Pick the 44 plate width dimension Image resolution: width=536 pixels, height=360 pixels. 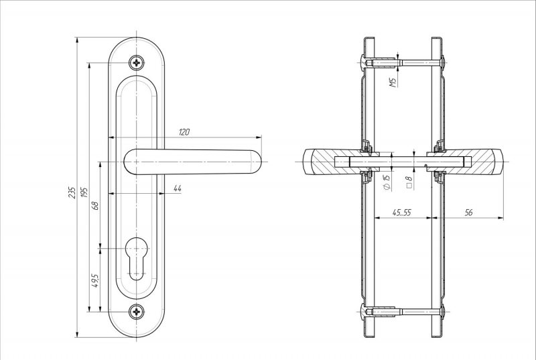tap(177, 188)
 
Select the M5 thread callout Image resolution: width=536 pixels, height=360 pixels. tap(393, 82)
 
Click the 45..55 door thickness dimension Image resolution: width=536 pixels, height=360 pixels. tap(403, 213)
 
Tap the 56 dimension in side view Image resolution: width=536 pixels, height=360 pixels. tap(468, 213)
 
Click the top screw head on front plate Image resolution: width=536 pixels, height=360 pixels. tap(138, 63)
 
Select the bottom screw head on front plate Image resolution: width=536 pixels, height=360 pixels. tap(138, 311)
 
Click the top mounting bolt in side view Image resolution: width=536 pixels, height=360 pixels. tap(402, 63)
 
